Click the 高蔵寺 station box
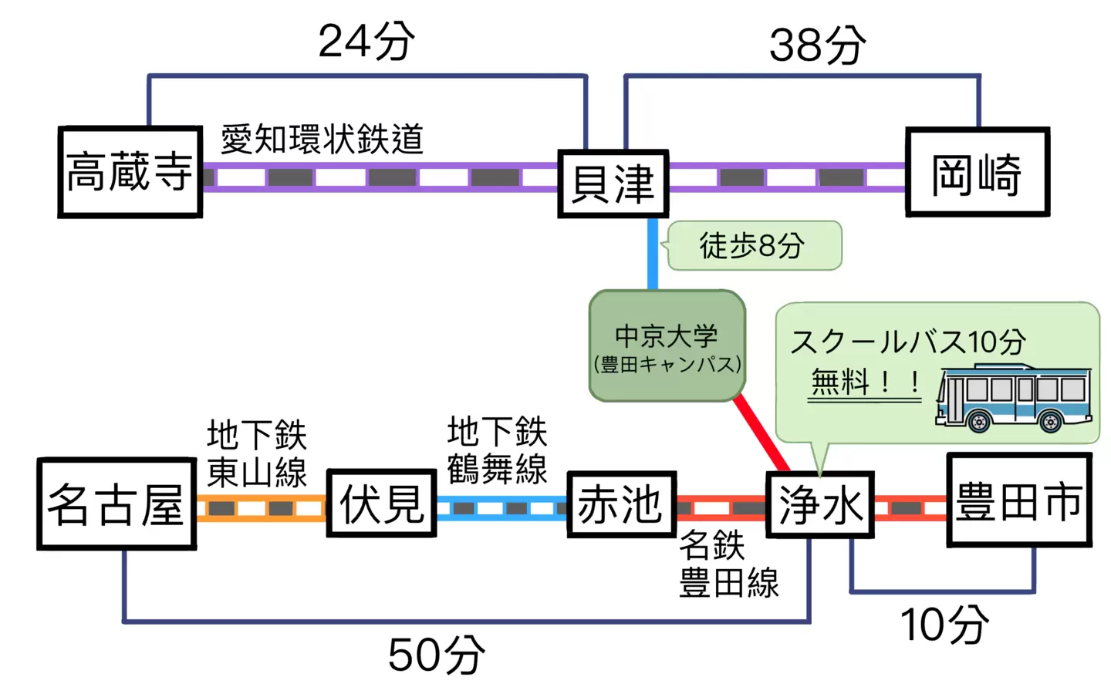(130, 172)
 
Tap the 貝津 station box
(613, 184)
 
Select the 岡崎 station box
(977, 173)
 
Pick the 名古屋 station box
(117, 504)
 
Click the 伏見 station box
(382, 504)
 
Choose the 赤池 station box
(622, 504)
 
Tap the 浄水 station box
(819, 505)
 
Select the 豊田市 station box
(1018, 500)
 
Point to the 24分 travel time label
(366, 42)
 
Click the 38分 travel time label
(817, 45)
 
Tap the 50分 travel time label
(436, 655)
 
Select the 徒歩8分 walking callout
(753, 246)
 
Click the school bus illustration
(1014, 396)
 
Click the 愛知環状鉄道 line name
(322, 140)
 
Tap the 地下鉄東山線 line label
(257, 454)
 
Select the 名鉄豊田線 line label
(728, 564)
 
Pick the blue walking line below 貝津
(653, 254)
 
